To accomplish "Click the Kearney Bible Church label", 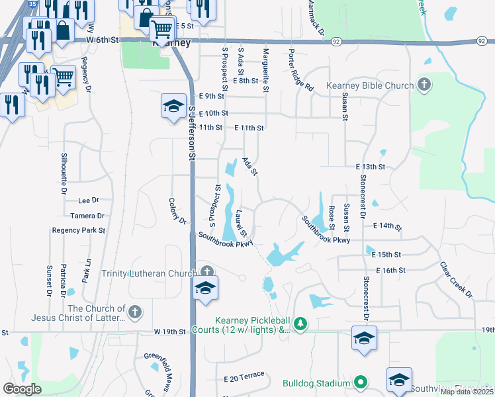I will click(x=369, y=86).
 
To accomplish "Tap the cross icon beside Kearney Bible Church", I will click(x=424, y=85).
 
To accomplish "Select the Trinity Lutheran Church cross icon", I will click(x=207, y=272).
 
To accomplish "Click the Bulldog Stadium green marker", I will click(x=361, y=382).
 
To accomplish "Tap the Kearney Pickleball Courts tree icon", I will click(x=301, y=324).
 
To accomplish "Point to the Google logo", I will click(x=22, y=389).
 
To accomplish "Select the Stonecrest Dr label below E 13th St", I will click(x=363, y=196).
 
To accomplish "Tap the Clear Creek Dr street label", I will click(x=457, y=279).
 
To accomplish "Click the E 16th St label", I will click(x=390, y=271).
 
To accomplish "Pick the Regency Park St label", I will click(x=79, y=230).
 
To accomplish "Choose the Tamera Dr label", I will click(x=87, y=216).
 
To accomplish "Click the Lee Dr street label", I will click(x=88, y=200).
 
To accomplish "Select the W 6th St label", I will click(x=102, y=40).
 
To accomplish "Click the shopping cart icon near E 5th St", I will click(x=161, y=29).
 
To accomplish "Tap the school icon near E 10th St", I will click(x=173, y=106).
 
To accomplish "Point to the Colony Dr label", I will click(x=177, y=210).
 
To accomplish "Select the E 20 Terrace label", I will click(x=244, y=377).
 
